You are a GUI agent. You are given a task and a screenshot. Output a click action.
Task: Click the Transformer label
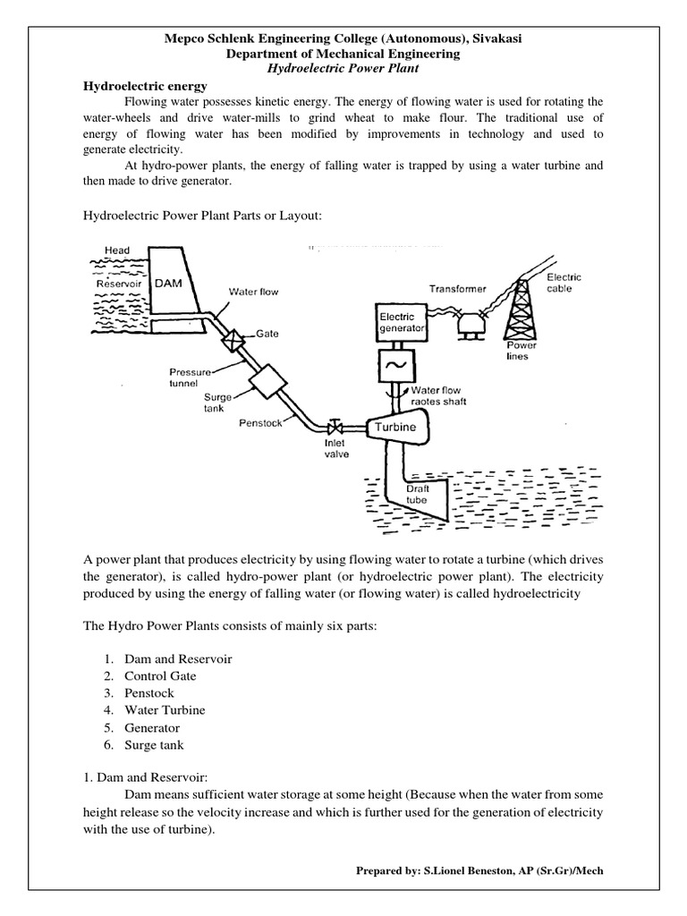[x=457, y=289]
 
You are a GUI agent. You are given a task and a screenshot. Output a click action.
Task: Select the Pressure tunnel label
[x=191, y=377]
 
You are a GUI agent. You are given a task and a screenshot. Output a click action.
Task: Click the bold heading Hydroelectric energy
[x=145, y=86]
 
